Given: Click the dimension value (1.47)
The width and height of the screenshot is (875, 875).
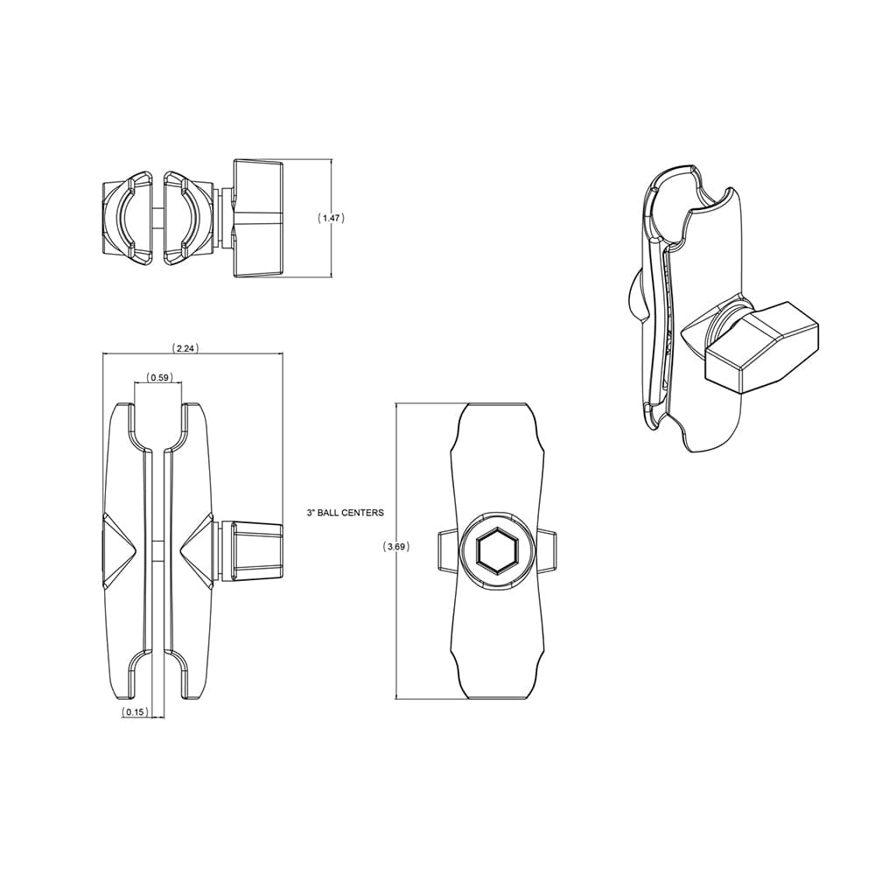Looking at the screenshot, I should click(331, 218).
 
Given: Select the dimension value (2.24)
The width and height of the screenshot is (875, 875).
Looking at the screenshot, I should click(185, 347).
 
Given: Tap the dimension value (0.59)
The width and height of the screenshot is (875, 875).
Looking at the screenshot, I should click(158, 378).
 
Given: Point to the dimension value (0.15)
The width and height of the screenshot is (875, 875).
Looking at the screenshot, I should click(135, 712).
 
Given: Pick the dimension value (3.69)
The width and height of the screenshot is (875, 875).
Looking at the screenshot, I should click(396, 547).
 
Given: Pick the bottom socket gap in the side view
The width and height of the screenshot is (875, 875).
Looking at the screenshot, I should click(158, 678).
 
